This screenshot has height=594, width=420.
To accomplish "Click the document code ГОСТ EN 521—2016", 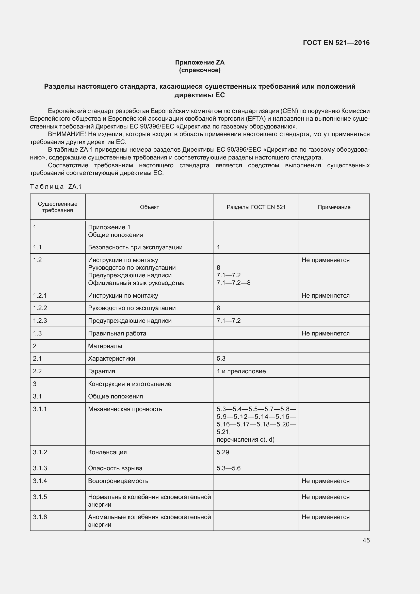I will point(336,43).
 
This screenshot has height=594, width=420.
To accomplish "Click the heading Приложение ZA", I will point(200,62).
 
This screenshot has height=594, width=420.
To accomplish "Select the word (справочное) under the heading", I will point(200,70).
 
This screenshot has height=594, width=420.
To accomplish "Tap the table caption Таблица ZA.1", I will point(56,187).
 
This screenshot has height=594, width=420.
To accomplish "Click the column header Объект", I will point(149,207).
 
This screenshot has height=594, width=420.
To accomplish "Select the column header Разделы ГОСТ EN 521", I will point(256,207).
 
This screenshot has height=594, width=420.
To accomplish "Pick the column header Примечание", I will point(334,207).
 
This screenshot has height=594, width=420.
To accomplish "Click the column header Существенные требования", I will point(57,207).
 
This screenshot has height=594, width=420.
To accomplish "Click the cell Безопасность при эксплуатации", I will point(135,247).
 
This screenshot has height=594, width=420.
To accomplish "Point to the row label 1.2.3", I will point(40,321).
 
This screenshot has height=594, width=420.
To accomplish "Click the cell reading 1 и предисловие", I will point(241,371).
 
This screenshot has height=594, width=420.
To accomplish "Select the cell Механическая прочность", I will point(125,409).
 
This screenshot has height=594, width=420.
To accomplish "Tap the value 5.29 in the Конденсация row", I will point(223,452).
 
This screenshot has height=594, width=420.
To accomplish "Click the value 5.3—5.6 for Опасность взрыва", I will point(229,468).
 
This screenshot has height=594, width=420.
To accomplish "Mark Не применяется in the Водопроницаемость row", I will point(325,481).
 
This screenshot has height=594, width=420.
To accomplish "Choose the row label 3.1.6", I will point(40,517).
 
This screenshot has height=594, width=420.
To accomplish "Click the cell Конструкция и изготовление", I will point(130,384).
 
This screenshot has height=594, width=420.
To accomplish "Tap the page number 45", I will point(366,540).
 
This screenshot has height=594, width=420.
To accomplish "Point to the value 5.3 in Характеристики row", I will point(221,359).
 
